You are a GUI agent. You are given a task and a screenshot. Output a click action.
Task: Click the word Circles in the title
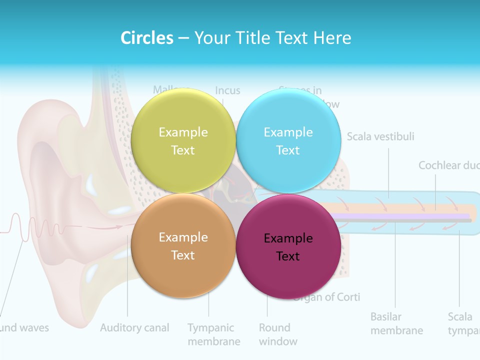click(x=147, y=38)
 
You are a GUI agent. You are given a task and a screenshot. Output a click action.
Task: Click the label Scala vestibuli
click(x=380, y=136)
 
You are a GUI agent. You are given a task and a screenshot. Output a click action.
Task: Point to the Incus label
click(x=227, y=90)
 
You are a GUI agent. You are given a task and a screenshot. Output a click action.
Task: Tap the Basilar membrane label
click(x=396, y=323)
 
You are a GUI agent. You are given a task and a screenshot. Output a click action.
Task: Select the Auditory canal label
click(x=134, y=328)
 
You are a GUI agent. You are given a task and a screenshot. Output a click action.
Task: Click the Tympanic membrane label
click(x=213, y=334)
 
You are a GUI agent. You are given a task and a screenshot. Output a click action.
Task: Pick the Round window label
click(x=278, y=334)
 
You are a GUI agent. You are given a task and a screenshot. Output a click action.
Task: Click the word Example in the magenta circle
click(x=288, y=238)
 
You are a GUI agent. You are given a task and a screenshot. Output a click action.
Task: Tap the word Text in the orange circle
click(x=183, y=255)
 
